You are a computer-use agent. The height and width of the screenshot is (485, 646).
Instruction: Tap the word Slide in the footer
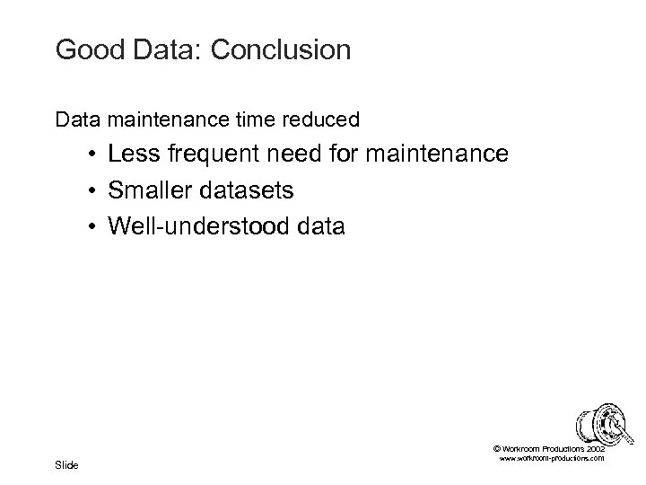pos(66,464)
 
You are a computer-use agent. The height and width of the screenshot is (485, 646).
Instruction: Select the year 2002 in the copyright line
pos(594,447)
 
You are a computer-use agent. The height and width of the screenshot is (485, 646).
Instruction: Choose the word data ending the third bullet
pos(319,226)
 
